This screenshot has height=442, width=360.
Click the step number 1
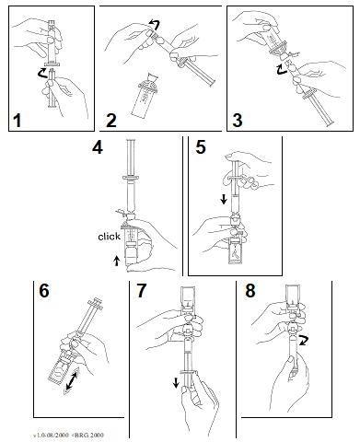(17, 120)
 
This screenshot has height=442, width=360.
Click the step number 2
(111, 120)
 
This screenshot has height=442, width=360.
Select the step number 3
(238, 120)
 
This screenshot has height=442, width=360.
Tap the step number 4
(98, 147)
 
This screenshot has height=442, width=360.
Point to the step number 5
(201, 147)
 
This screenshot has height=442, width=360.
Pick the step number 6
(44, 290)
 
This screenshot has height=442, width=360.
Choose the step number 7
(141, 290)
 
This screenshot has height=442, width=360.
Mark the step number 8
(250, 290)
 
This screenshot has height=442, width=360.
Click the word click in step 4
(109, 237)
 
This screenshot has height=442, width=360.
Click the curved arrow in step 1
(41, 73)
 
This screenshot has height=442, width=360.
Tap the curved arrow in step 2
(155, 24)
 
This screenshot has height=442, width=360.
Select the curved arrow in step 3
(282, 69)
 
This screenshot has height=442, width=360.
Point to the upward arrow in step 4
(116, 261)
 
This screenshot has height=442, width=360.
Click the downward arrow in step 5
(224, 200)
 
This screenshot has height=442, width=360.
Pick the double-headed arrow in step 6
(72, 380)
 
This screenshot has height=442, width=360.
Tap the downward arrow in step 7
(176, 383)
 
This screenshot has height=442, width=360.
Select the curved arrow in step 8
(304, 341)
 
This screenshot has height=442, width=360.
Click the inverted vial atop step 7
(188, 298)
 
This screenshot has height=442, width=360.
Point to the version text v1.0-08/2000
(51, 435)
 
